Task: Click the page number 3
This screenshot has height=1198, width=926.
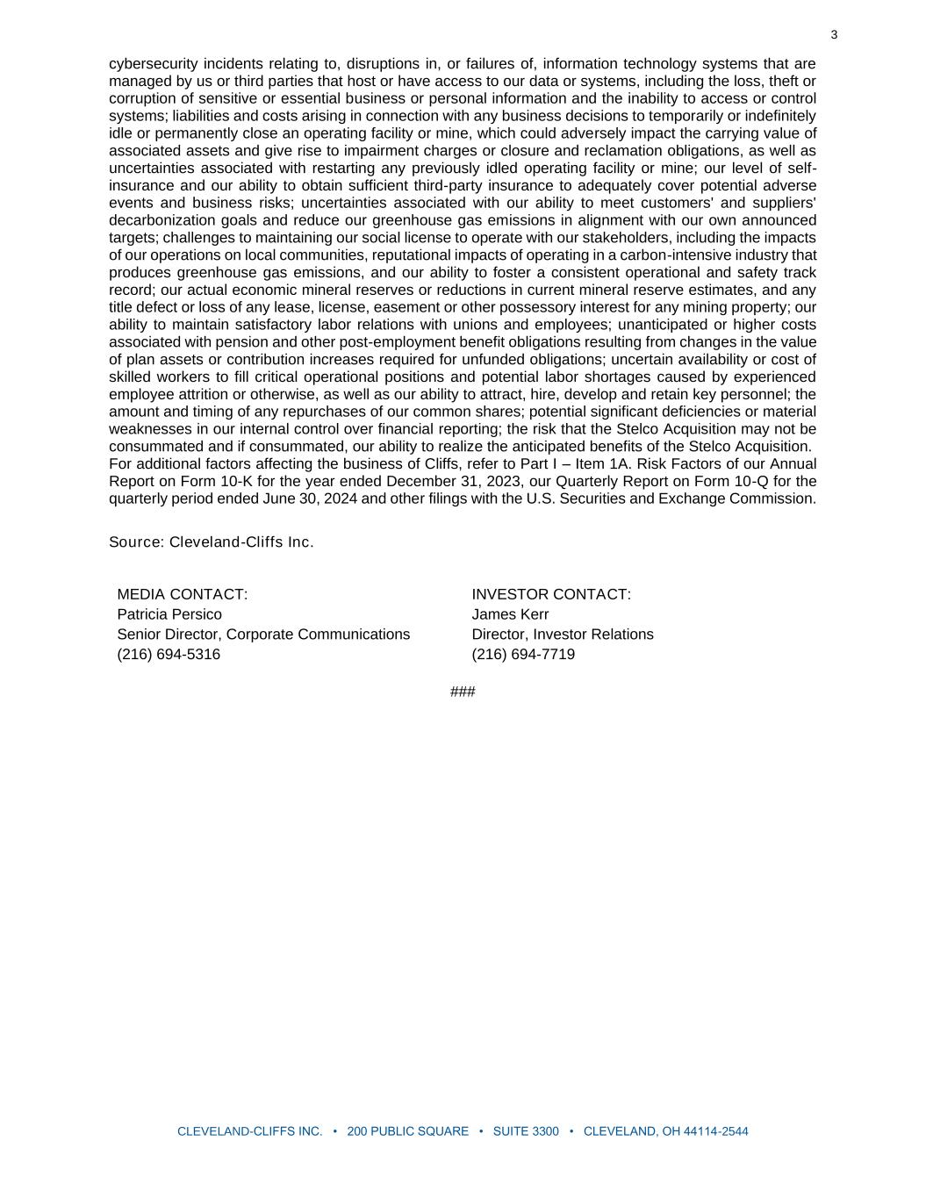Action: (834, 35)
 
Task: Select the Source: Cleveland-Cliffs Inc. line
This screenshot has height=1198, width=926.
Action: (211, 542)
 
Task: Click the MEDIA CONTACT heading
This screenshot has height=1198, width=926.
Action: (183, 594)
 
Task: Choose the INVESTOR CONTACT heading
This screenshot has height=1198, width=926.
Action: (551, 594)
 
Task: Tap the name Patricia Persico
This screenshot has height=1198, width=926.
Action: (169, 614)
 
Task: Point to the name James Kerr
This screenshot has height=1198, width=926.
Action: (510, 614)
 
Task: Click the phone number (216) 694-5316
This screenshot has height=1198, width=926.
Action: (169, 655)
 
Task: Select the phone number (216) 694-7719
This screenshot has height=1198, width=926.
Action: (523, 655)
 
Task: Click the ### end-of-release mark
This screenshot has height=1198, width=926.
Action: (463, 692)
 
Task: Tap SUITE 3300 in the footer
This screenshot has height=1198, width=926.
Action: (526, 1131)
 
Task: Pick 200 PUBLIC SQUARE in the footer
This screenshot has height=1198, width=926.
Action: (408, 1131)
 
